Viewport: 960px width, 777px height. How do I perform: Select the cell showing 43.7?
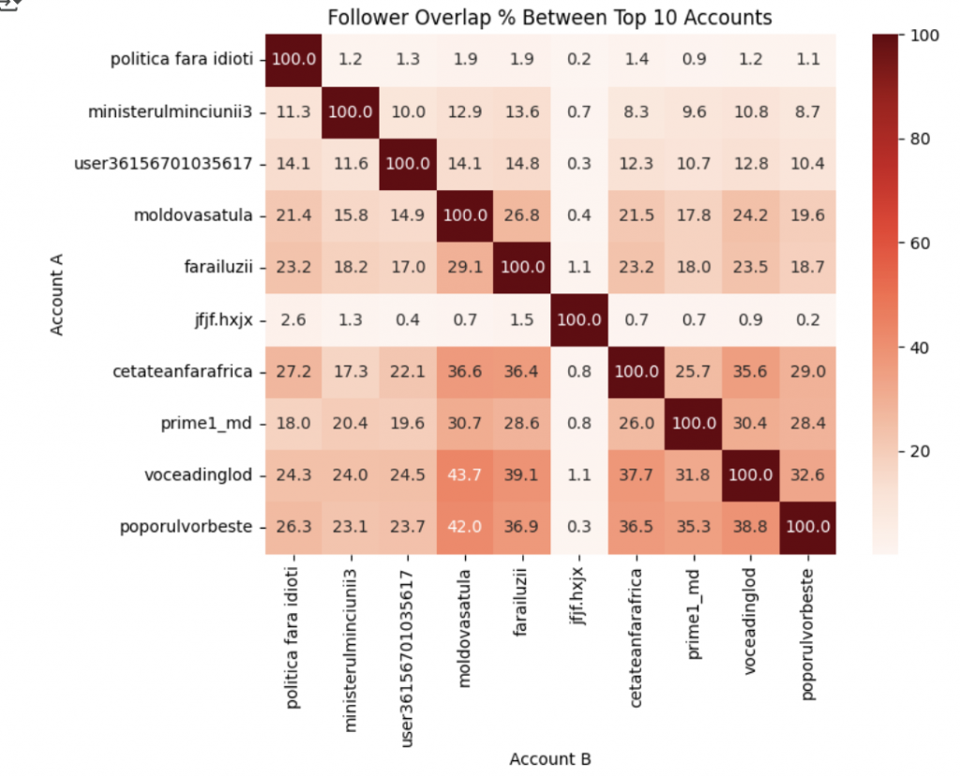click(464, 475)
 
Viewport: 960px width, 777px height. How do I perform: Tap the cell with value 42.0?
click(464, 527)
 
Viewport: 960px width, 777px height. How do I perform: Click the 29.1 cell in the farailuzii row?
click(464, 266)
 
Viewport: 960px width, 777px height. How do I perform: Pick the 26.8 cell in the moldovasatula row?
click(521, 215)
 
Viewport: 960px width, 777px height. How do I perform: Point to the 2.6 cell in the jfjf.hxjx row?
click(293, 319)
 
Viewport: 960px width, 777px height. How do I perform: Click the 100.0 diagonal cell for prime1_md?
click(694, 423)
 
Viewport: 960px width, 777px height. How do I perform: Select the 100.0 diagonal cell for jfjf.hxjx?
click(578, 319)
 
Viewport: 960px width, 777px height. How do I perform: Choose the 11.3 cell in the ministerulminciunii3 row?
click(293, 111)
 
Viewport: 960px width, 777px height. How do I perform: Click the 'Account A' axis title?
click(57, 292)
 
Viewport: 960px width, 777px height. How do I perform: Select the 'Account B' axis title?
click(550, 758)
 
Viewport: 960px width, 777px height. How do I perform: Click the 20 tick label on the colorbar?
click(920, 451)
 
